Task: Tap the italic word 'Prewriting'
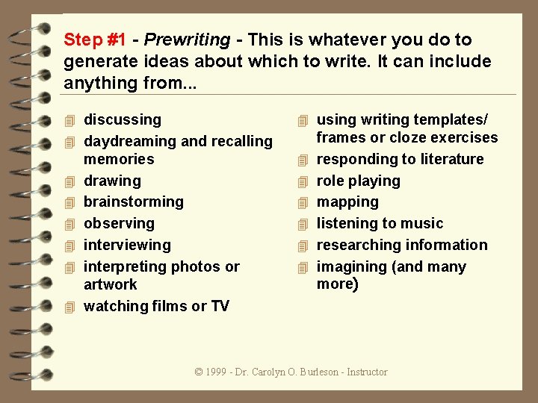pos(187,40)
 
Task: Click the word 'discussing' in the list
pos(123,119)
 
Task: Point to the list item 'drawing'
pos(112,181)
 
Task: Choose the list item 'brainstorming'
pos(133,201)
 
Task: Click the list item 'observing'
pos(119,223)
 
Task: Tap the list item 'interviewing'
pos(127,245)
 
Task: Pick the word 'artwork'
pos(111,284)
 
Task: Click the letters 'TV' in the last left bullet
pos(220,306)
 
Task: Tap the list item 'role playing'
pos(358,181)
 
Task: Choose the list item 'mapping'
pos(347,201)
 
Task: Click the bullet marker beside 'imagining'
pos(303,267)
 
